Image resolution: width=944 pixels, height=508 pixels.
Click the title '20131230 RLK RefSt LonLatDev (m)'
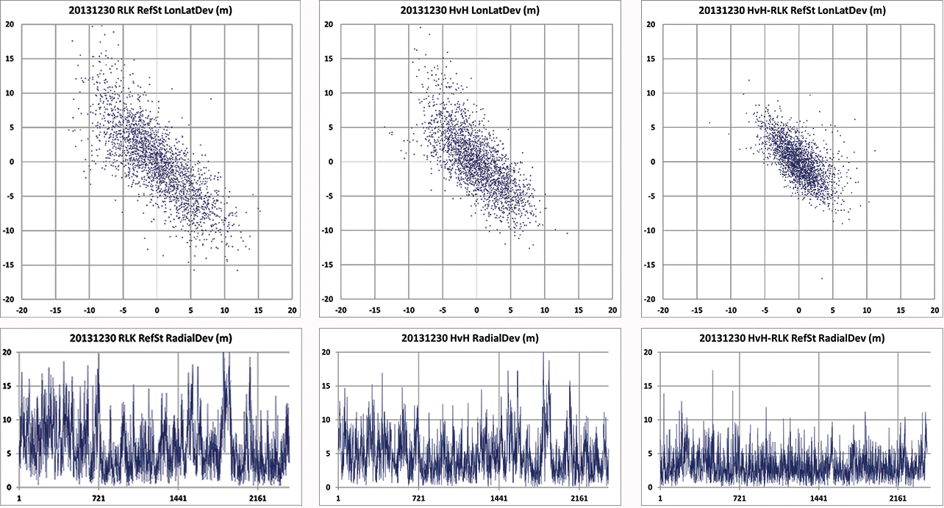click(x=156, y=10)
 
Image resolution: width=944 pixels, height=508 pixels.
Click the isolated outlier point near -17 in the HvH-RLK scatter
click(x=822, y=278)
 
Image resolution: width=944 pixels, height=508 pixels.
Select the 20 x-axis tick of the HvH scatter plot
click(x=612, y=311)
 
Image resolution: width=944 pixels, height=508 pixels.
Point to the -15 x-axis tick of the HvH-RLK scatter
click(x=697, y=311)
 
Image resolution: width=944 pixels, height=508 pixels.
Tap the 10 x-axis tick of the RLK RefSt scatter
click(x=224, y=311)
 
